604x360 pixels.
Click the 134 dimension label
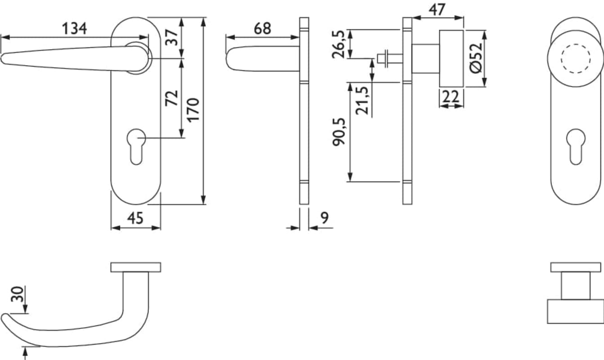[x=74, y=29]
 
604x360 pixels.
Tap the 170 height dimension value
[x=192, y=110]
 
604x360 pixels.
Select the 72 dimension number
[x=172, y=98]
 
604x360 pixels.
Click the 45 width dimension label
[x=135, y=218]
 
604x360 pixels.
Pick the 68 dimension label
[x=263, y=28]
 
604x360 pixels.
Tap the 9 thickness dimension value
[x=324, y=218]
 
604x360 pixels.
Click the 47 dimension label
[x=437, y=9]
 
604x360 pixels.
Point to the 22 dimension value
[x=451, y=96]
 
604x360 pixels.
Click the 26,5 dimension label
[x=338, y=44]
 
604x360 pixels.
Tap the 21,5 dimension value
[x=362, y=100]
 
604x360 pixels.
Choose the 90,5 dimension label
[x=338, y=131]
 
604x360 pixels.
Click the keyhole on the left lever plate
[x=136, y=145]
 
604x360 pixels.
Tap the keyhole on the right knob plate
[x=575, y=145]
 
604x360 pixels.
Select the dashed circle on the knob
[x=575, y=58]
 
